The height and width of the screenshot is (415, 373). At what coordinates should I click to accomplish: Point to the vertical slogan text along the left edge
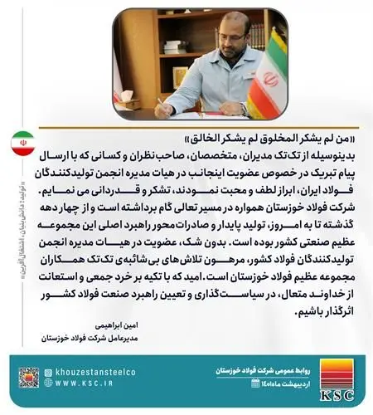pos(11,241)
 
